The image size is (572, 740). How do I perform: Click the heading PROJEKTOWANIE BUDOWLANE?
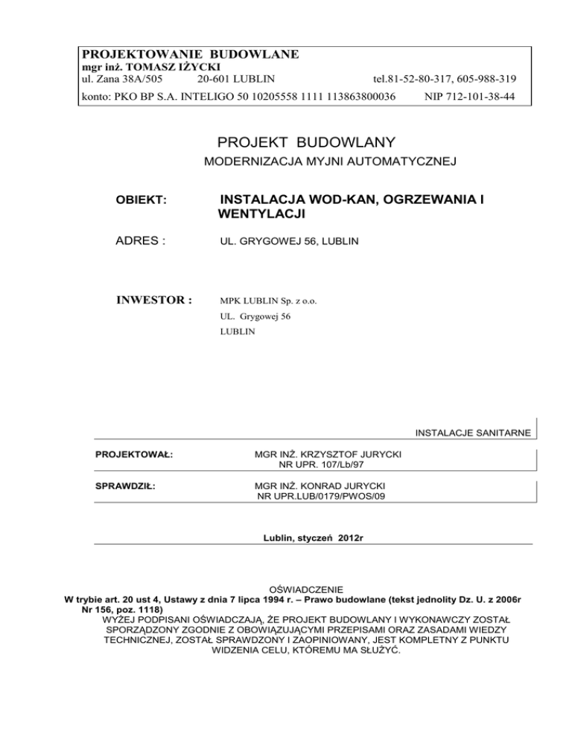[x=189, y=54]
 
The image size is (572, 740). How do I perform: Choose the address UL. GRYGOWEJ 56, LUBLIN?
[x=287, y=243]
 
